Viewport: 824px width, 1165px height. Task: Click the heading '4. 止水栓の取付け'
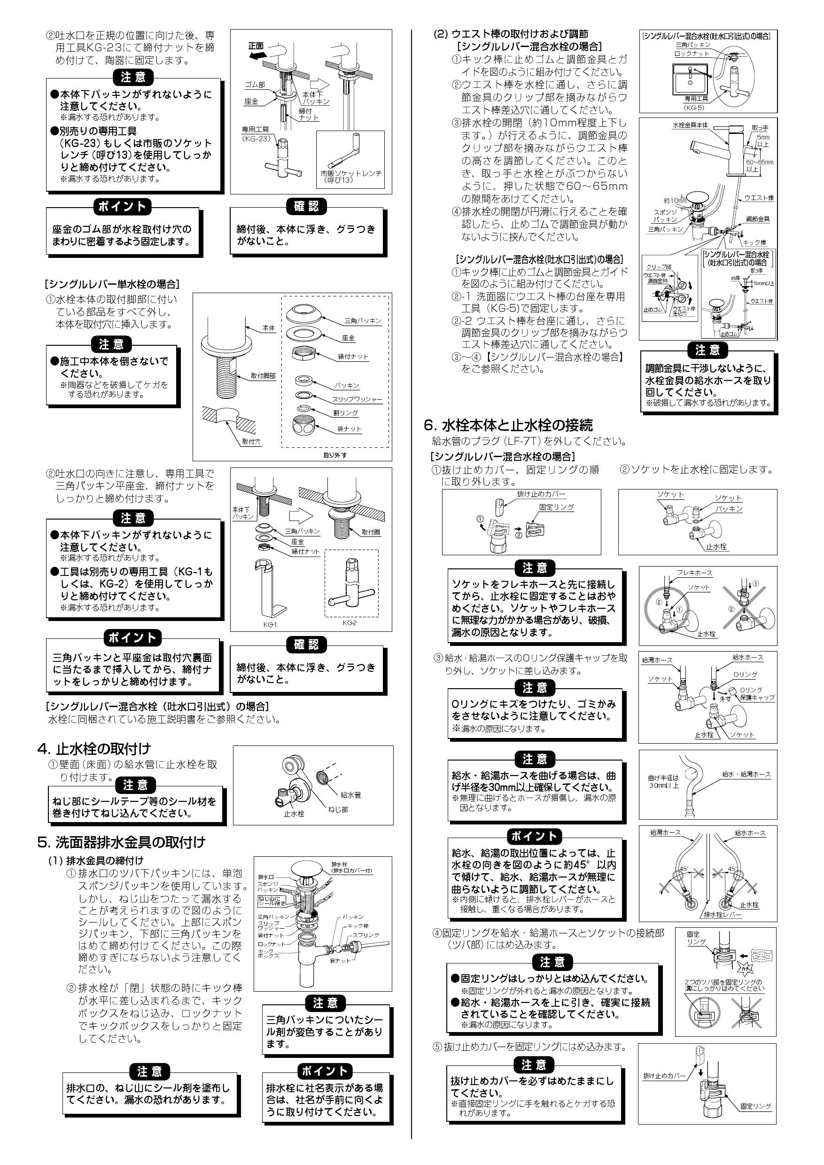click(94, 749)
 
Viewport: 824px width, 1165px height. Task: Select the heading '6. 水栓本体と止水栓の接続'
click(508, 425)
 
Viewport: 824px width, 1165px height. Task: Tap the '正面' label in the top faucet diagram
click(257, 46)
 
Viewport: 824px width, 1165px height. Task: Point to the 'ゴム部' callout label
click(255, 85)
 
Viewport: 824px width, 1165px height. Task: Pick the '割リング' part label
click(346, 413)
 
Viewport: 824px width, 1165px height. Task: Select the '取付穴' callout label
click(251, 442)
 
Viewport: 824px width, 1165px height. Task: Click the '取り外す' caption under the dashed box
click(335, 455)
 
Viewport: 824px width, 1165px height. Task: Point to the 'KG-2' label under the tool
click(350, 622)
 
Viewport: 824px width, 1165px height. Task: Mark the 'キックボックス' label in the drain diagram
click(268, 954)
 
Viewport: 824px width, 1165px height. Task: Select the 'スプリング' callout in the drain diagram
click(365, 935)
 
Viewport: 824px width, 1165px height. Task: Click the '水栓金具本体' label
click(691, 125)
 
